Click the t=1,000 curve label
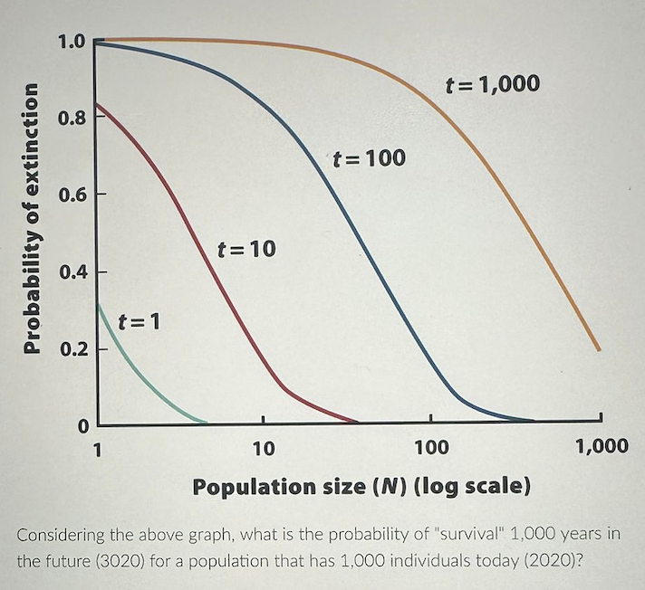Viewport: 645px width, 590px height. (494, 85)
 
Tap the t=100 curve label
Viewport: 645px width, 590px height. (369, 158)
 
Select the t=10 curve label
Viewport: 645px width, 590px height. (245, 248)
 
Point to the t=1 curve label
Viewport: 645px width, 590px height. (140, 320)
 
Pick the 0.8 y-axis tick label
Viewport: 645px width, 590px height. (72, 118)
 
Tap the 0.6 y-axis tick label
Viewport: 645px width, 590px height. (72, 195)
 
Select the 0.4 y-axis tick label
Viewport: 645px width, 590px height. (72, 271)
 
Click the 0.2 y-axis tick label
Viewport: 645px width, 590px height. (72, 348)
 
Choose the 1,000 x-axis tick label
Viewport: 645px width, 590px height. (602, 446)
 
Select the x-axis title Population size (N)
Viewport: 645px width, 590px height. (361, 486)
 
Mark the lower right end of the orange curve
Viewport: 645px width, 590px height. (598, 349)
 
